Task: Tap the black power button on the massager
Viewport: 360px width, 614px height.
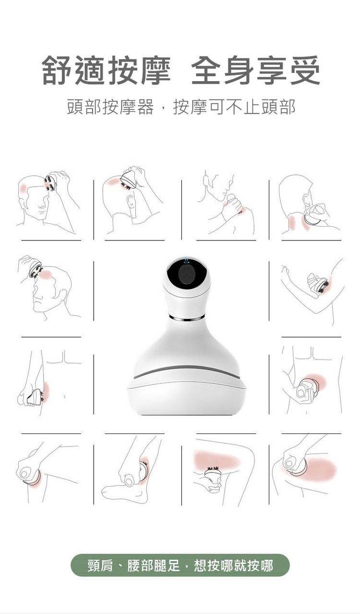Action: (187, 275)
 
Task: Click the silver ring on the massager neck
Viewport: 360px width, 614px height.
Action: (187, 318)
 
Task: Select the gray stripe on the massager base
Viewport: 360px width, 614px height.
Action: (187, 372)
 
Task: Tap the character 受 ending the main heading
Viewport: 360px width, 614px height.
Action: (305, 70)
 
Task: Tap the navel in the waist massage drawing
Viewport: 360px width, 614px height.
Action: (64, 397)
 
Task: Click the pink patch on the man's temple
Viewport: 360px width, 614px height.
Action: (24, 188)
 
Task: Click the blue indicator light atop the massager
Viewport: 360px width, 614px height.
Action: (187, 260)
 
